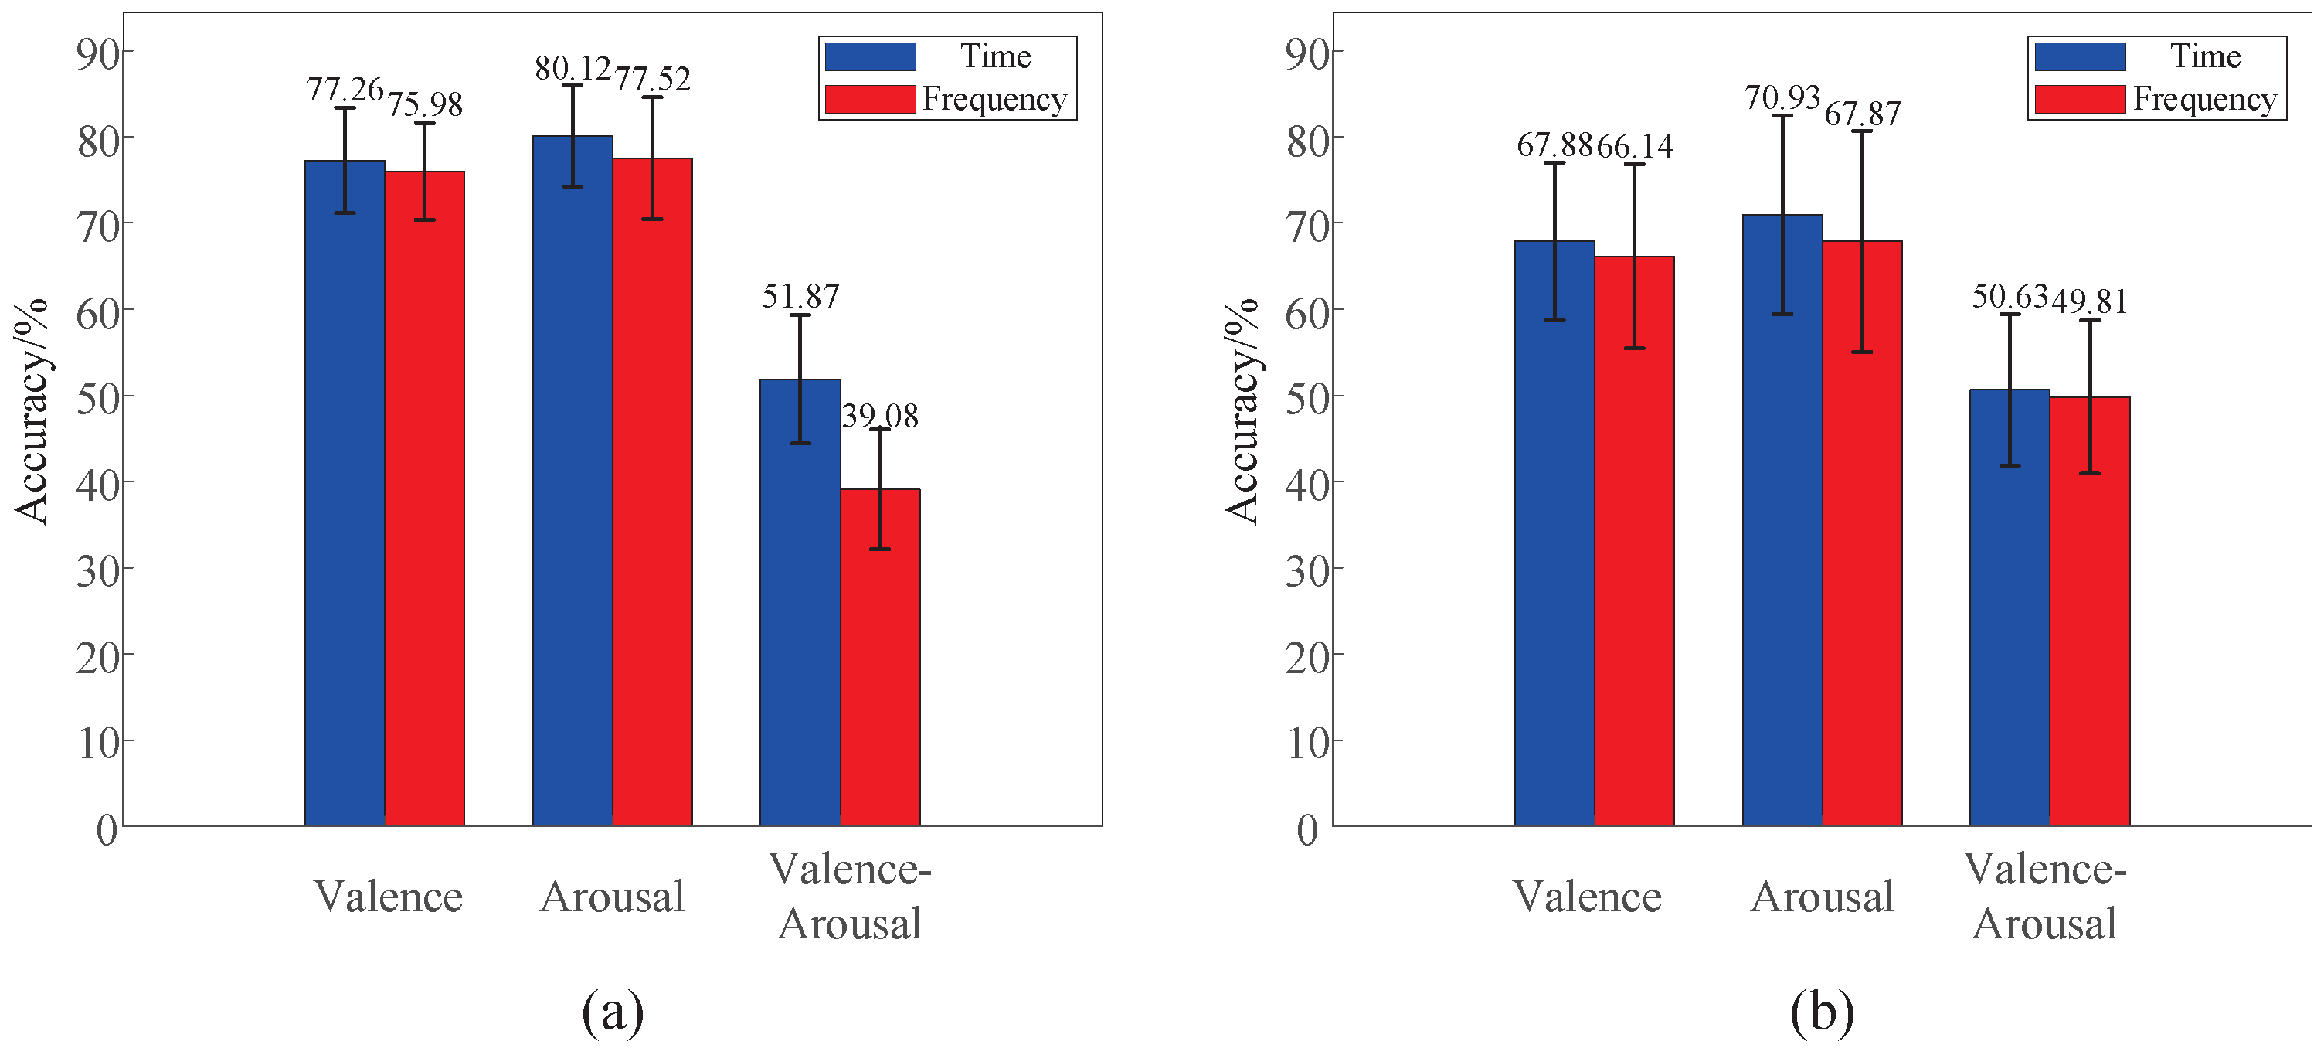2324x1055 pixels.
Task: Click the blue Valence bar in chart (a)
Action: [x=345, y=493]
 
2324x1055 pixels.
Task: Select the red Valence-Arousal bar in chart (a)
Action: [x=881, y=657]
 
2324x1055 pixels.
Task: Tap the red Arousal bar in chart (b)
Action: [x=1862, y=533]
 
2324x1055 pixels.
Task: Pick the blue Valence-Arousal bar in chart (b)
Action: [x=2009, y=607]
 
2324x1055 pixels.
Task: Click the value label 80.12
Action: [x=573, y=69]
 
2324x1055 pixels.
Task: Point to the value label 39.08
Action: [x=880, y=416]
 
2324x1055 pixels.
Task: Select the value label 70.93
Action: [x=1782, y=97]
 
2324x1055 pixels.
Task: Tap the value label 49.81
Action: [x=2089, y=301]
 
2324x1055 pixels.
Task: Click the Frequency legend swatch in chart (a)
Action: [x=870, y=99]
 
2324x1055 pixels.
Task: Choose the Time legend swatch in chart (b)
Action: [x=2080, y=57]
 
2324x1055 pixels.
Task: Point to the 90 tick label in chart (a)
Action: [x=98, y=55]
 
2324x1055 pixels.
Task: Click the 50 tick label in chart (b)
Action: [x=1307, y=397]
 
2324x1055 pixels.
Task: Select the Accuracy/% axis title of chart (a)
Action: [x=32, y=411]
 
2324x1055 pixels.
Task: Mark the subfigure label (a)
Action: [x=613, y=1012]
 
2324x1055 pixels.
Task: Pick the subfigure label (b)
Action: [x=1822, y=1012]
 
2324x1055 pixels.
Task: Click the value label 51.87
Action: [x=800, y=296]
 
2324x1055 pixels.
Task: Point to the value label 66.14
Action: [x=1635, y=146]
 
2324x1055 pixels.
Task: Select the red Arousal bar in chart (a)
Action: [x=652, y=492]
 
